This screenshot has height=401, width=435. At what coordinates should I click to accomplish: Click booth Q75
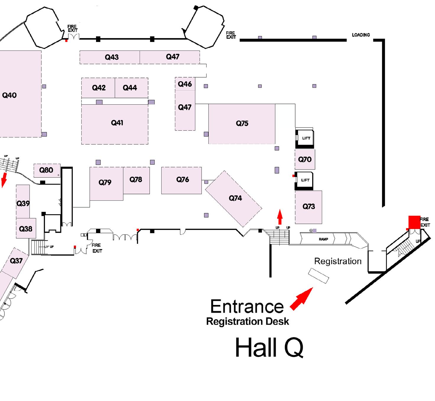[242, 124]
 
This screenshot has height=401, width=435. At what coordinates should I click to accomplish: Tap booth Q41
[117, 123]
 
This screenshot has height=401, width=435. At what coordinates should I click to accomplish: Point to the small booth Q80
[47, 170]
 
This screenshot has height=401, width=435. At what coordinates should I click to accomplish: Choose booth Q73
[309, 207]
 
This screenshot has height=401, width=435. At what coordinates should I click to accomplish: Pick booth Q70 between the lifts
[305, 160]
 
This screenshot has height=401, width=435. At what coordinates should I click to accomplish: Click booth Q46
[185, 84]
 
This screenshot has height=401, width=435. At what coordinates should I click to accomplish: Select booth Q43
[111, 57]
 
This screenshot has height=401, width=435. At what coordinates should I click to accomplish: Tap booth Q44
[130, 88]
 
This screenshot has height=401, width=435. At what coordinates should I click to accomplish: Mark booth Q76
[182, 180]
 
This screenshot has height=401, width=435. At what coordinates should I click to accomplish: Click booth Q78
[136, 180]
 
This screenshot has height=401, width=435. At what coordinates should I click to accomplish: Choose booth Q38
[26, 229]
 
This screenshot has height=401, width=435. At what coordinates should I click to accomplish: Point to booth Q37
[16, 261]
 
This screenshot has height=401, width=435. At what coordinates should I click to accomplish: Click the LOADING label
[361, 35]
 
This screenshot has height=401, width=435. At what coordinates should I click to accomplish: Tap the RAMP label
[323, 239]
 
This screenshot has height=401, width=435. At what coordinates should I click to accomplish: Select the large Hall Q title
[269, 348]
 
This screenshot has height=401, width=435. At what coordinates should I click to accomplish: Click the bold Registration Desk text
[247, 322]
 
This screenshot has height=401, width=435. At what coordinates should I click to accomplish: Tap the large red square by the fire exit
[414, 222]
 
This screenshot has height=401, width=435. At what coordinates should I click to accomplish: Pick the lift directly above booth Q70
[306, 138]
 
